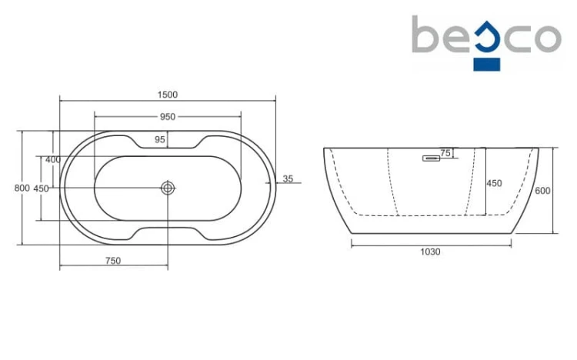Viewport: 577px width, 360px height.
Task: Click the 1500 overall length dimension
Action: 168,95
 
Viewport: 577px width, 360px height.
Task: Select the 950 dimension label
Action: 168,117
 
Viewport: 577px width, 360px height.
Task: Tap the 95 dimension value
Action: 160,139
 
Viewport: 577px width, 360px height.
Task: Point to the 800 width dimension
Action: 22,188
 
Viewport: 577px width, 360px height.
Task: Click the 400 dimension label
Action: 53,160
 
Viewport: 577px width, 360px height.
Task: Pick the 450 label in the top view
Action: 41,188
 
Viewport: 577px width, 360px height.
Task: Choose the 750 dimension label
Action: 113,261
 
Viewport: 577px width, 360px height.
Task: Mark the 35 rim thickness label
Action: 288,179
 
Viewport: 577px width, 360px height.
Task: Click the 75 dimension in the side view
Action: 445,153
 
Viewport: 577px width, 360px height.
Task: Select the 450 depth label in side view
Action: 494,183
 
